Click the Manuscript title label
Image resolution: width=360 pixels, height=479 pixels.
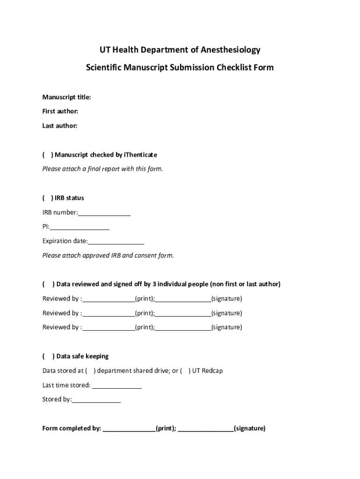pos(66,97)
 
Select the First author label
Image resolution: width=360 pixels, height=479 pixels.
pos(60,111)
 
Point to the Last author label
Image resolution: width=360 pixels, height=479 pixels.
pos(60,126)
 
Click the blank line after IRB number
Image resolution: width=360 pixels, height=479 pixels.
pos(104,214)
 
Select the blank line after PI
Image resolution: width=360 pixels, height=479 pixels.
pos(79,228)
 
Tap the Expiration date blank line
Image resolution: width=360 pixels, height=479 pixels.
pos(116,242)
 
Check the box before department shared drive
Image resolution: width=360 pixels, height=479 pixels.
pos(90,371)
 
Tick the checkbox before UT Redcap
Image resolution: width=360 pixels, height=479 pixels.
pos(185,371)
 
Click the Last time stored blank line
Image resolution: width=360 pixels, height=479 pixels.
pos(117,386)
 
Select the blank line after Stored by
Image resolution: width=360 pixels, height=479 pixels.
pos(96,400)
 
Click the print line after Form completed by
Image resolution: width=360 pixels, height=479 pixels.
pos(129,429)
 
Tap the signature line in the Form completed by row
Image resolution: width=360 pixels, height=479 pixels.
pos(206,429)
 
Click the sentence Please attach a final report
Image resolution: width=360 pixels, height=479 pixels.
pos(103,169)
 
